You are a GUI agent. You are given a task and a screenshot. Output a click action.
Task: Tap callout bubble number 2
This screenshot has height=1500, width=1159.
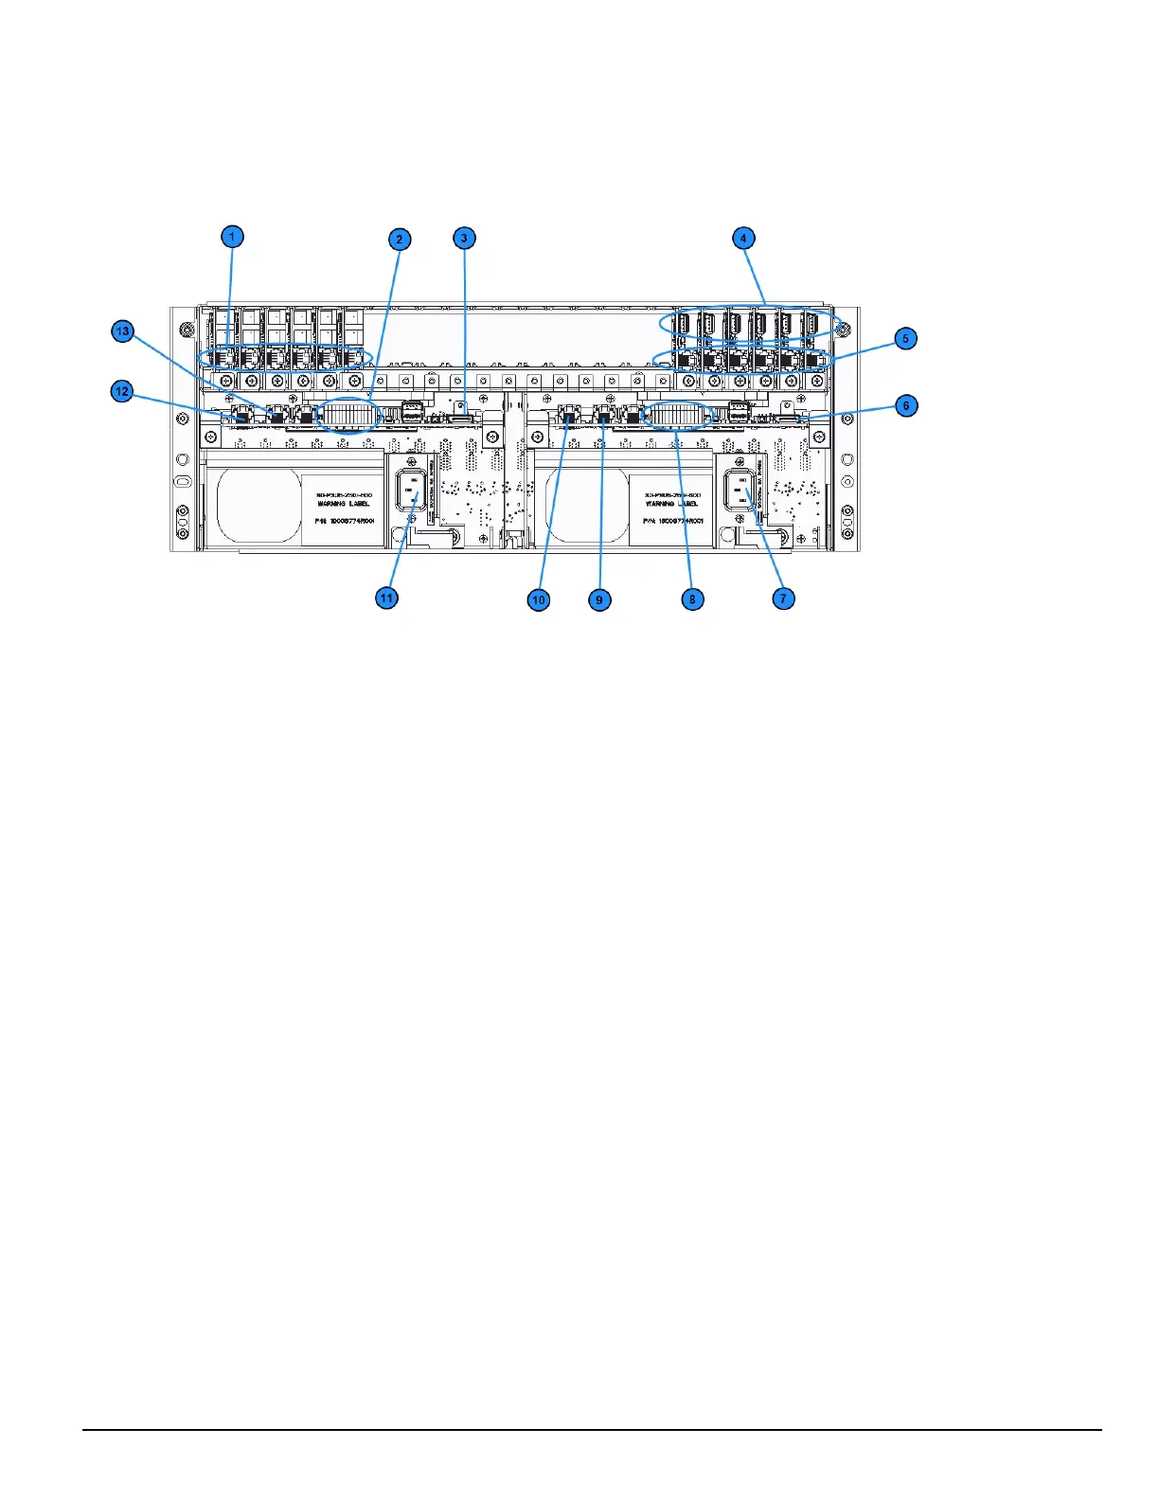(400, 240)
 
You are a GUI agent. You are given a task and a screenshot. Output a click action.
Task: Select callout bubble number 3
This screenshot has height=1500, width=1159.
(463, 238)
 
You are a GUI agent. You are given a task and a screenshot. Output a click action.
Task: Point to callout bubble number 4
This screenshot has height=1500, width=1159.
(744, 238)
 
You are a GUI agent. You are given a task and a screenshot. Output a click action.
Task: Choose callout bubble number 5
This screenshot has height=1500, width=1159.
(905, 338)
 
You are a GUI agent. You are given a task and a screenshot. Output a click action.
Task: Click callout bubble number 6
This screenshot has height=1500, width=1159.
(905, 406)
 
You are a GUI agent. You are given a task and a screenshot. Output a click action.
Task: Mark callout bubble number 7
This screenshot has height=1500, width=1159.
(783, 598)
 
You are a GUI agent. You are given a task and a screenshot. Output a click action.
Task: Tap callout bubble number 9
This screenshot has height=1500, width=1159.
(598, 599)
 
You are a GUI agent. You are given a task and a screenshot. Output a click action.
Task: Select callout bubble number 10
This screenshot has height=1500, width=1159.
(538, 599)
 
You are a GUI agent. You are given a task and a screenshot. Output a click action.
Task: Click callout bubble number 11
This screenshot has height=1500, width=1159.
(386, 598)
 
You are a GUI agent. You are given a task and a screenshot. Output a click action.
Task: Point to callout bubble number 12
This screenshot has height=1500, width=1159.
(121, 391)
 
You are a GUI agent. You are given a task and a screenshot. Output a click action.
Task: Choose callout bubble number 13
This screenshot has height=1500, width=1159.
(121, 332)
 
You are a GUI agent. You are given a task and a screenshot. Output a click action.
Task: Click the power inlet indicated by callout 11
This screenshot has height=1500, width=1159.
(412, 491)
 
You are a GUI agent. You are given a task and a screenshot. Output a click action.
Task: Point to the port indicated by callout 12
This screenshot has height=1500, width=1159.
(241, 416)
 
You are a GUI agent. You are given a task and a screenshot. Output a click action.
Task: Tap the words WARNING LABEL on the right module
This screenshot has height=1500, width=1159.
(671, 505)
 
